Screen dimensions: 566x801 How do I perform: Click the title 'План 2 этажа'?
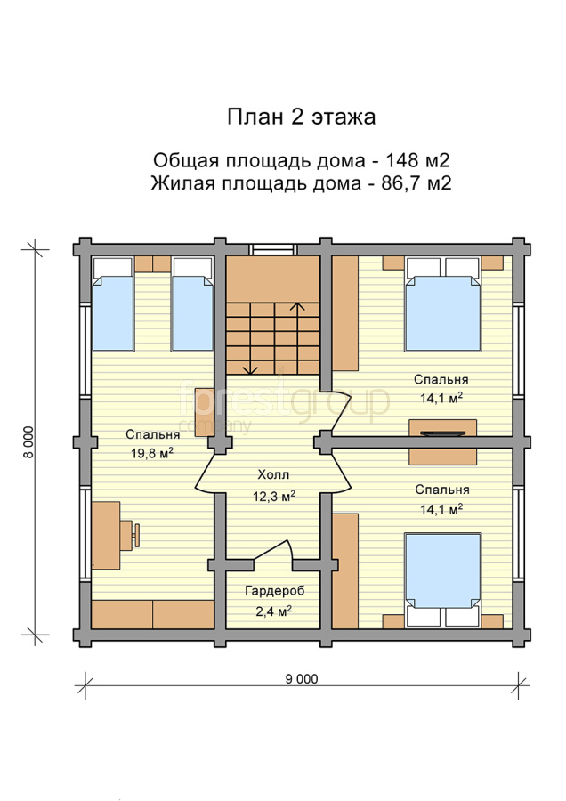(x=302, y=117)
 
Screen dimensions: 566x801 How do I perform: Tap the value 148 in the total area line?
(x=401, y=160)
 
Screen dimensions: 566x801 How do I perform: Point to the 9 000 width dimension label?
(x=302, y=678)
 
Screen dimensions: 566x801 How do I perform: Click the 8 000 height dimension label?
(x=28, y=441)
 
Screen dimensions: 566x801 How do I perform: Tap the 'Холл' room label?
(x=273, y=475)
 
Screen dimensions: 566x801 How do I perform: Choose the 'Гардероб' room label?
(x=275, y=591)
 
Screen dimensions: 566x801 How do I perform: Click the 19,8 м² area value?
(x=151, y=453)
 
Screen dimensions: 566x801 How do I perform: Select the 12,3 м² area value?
(x=274, y=496)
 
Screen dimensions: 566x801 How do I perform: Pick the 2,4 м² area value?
(x=274, y=611)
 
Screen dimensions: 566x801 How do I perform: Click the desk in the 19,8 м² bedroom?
(x=106, y=535)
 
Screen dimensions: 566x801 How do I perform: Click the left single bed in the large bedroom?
(x=113, y=304)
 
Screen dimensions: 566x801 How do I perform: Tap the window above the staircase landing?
(x=273, y=249)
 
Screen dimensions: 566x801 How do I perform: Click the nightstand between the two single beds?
(x=153, y=264)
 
